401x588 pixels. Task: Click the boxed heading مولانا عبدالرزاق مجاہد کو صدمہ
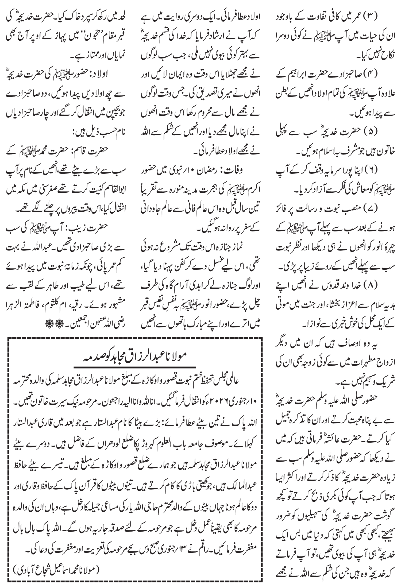pos(136,356)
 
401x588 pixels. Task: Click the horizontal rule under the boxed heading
pos(136,366)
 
